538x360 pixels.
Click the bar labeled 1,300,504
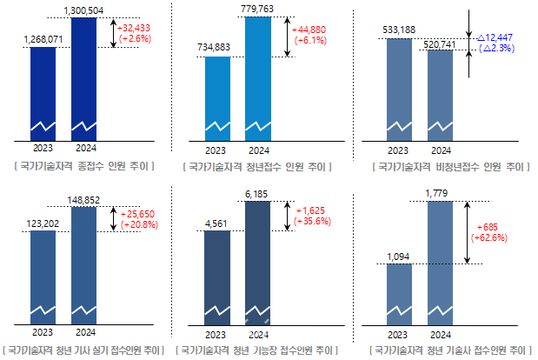[84, 78]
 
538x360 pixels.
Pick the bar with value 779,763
[258, 78]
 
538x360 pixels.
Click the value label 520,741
[441, 43]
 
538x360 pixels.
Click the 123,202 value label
[43, 223]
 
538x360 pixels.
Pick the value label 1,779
[440, 193]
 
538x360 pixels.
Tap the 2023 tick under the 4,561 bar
[216, 334]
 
